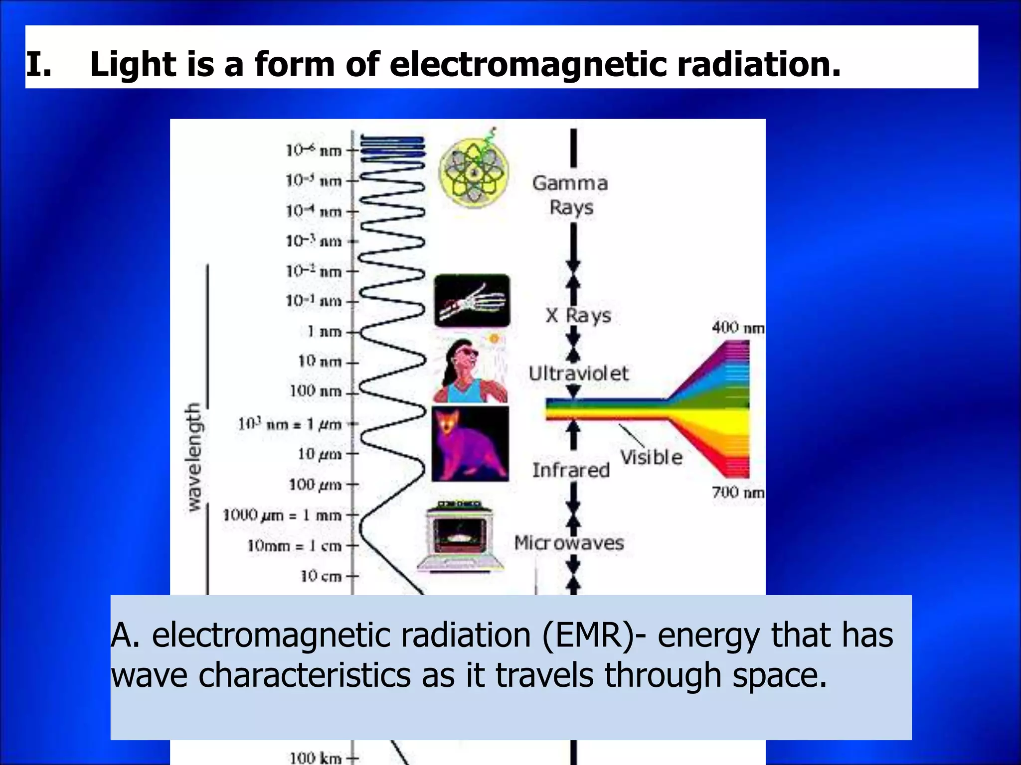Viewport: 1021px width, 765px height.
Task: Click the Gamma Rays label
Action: (x=570, y=195)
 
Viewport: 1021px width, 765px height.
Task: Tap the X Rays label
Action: (x=578, y=315)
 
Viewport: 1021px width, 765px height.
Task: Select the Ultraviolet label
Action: (x=578, y=373)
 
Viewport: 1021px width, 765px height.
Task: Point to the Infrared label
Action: (x=571, y=470)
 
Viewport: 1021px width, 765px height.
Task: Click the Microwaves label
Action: (x=569, y=542)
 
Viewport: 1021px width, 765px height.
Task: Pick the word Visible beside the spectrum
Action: (x=651, y=457)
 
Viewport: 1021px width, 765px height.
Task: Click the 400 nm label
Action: (x=737, y=328)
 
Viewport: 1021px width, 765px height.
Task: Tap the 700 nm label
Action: (x=737, y=492)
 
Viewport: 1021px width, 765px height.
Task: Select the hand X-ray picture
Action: (x=472, y=300)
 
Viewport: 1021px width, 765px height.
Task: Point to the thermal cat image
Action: (x=470, y=443)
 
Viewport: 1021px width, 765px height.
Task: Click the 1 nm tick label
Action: (x=325, y=331)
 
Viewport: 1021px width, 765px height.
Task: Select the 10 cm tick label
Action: (x=322, y=576)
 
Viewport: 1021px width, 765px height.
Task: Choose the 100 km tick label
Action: (x=316, y=758)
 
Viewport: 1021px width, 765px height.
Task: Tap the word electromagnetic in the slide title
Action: (x=528, y=65)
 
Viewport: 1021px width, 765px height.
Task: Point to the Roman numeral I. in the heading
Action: (x=38, y=65)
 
